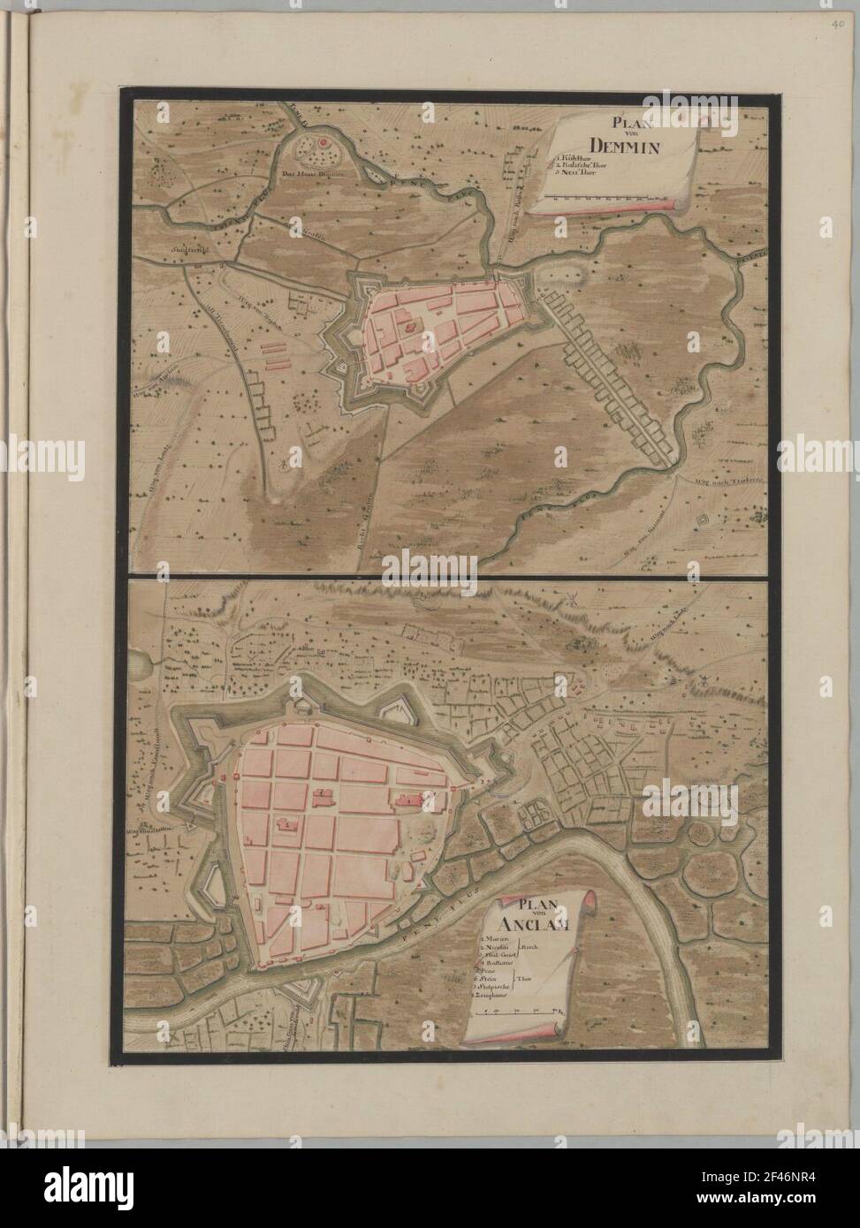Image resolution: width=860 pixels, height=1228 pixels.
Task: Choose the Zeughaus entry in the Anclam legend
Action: [x=493, y=996]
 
